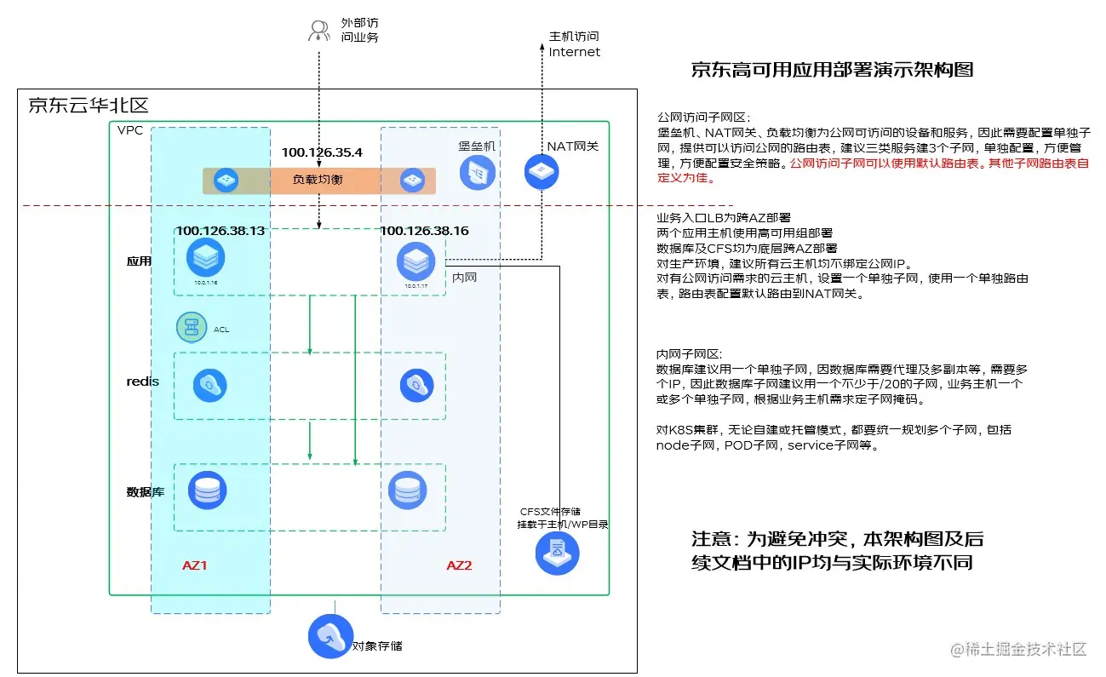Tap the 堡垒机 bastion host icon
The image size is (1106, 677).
(x=477, y=173)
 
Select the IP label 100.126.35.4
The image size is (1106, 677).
(x=322, y=152)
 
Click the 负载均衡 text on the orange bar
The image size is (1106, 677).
(x=318, y=180)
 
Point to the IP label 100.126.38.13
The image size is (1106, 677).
(x=220, y=231)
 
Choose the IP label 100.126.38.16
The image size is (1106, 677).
(x=424, y=231)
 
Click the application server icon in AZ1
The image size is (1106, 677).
(x=205, y=255)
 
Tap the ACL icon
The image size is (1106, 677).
(x=192, y=327)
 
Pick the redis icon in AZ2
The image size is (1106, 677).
(x=416, y=385)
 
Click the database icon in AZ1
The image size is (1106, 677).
(x=206, y=491)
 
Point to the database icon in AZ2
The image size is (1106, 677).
(x=406, y=491)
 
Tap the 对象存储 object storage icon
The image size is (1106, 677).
(x=330, y=637)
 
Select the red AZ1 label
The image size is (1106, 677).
(x=195, y=565)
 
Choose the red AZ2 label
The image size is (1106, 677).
(x=459, y=565)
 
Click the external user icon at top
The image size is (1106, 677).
(x=318, y=32)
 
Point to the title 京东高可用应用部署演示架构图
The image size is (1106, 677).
(x=832, y=70)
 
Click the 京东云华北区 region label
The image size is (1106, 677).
(x=89, y=106)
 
